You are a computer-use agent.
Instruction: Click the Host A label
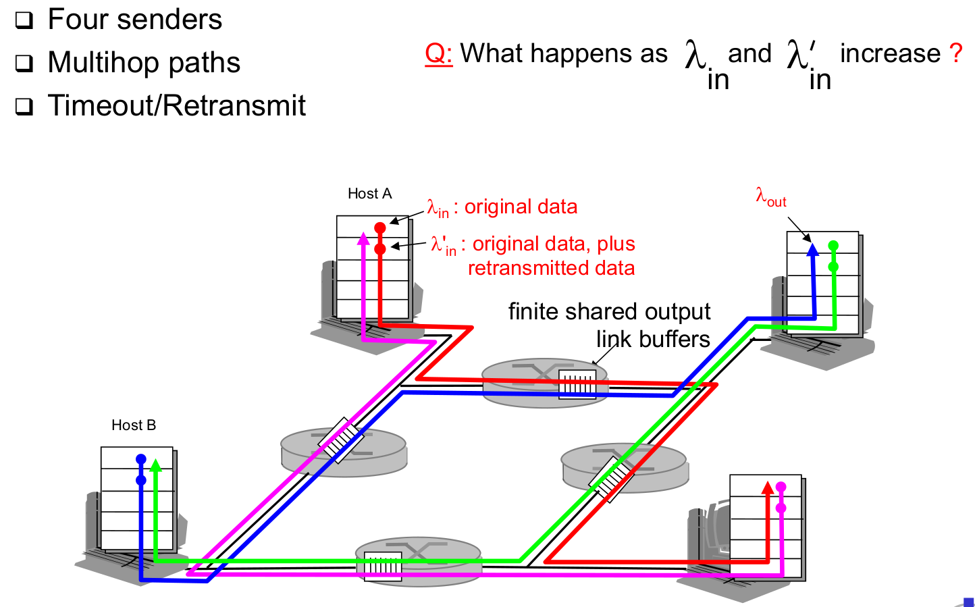coord(369,194)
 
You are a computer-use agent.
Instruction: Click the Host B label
coord(134,425)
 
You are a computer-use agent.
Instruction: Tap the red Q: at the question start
coord(438,53)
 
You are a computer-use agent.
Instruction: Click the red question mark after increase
coord(955,53)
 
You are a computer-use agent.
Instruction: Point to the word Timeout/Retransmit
coord(177,106)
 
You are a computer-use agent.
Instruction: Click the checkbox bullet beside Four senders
coord(24,20)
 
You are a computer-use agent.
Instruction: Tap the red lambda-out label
coord(770,197)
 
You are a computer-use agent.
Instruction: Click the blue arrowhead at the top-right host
coord(813,249)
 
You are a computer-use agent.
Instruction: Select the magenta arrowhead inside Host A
coord(364,237)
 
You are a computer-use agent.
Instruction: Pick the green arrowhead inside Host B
coord(156,465)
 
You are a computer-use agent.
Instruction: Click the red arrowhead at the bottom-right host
coord(767,487)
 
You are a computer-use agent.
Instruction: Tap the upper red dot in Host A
coord(380,228)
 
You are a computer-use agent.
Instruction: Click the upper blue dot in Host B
coord(141,460)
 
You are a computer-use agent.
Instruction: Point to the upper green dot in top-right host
coord(833,246)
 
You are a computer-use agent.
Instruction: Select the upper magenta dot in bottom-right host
coord(781,487)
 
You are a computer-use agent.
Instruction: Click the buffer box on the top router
coord(577,384)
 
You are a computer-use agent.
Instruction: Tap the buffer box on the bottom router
coord(383,566)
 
